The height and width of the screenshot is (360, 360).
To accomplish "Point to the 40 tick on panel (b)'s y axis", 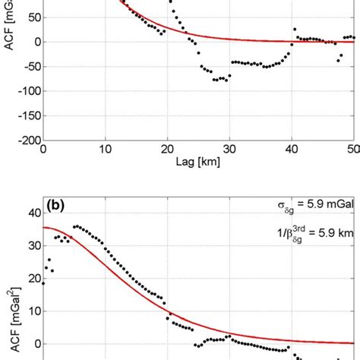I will pyautogui.click(x=34, y=213).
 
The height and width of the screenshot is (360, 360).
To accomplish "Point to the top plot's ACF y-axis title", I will pyautogui.click(x=10, y=30).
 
